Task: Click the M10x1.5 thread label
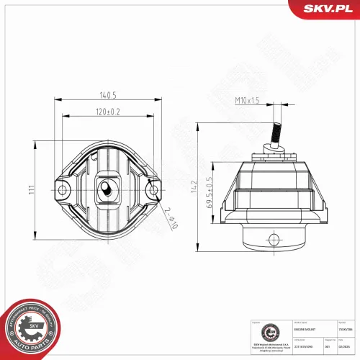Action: (247, 101)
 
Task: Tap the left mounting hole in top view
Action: (63, 190)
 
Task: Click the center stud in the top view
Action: (106, 189)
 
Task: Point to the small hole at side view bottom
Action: (274, 238)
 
